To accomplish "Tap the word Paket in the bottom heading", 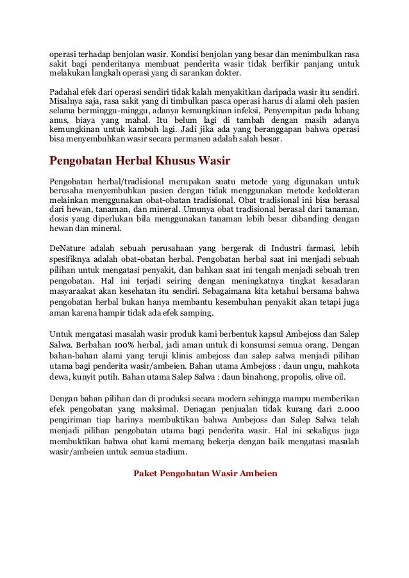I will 146,474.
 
